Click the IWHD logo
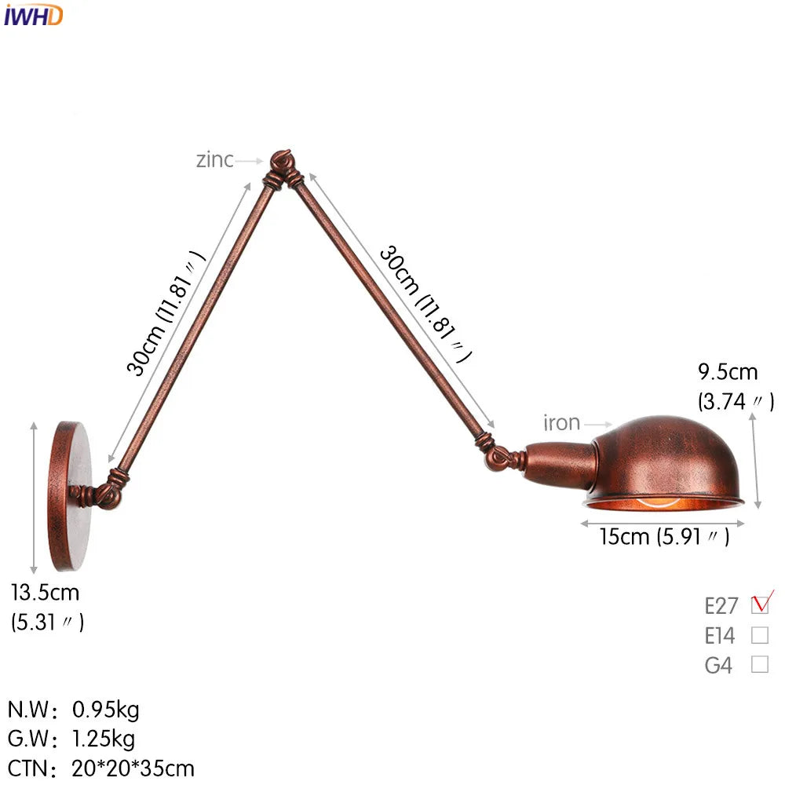33,16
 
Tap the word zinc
215,160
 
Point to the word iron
562,423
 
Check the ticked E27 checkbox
760,604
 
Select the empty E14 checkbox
760,635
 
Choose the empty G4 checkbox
760,664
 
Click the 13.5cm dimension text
46,593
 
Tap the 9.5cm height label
728,372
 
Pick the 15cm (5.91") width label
665,537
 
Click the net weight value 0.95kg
106,710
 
